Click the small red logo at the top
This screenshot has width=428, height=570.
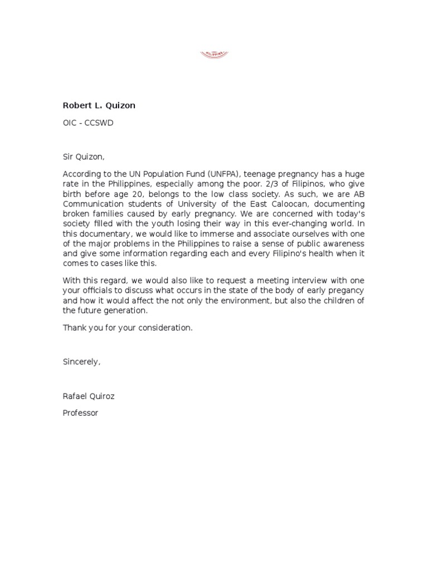pyautogui.click(x=214, y=55)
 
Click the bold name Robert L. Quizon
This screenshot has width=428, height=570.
pyautogui.click(x=99, y=106)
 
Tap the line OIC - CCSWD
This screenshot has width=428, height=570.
pyautogui.click(x=88, y=123)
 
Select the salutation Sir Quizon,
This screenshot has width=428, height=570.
pyautogui.click(x=84, y=158)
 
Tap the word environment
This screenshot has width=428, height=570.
pyautogui.click(x=256, y=301)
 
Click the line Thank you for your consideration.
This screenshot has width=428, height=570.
pyautogui.click(x=128, y=327)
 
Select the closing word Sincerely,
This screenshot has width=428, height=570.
pyautogui.click(x=82, y=362)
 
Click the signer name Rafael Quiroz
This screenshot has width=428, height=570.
pyautogui.click(x=89, y=396)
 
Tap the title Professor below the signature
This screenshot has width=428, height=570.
pyautogui.click(x=80, y=413)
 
